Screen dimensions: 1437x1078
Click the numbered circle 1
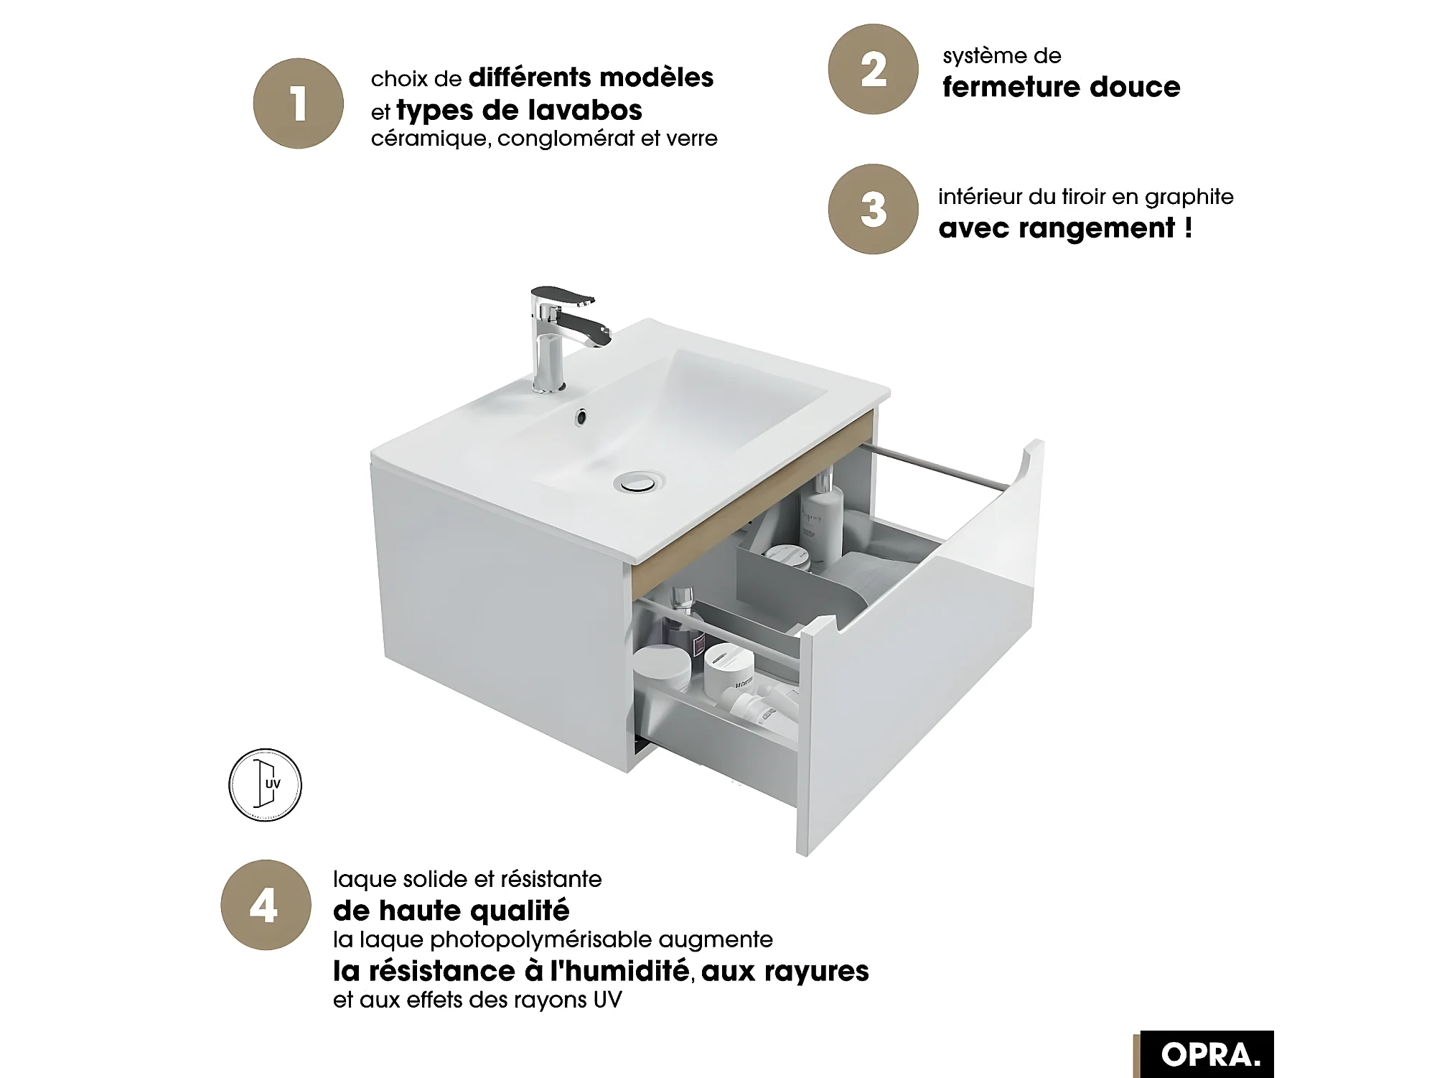point(298,103)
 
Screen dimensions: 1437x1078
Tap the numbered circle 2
point(873,69)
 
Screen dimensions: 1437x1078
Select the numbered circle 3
point(873,209)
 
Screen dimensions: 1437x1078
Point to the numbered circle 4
point(266,905)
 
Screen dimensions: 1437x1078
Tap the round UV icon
point(265,785)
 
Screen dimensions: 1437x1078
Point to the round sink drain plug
point(638,481)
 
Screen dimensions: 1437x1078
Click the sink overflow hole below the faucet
point(581,416)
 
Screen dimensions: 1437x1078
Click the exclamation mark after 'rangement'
point(1188,227)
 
